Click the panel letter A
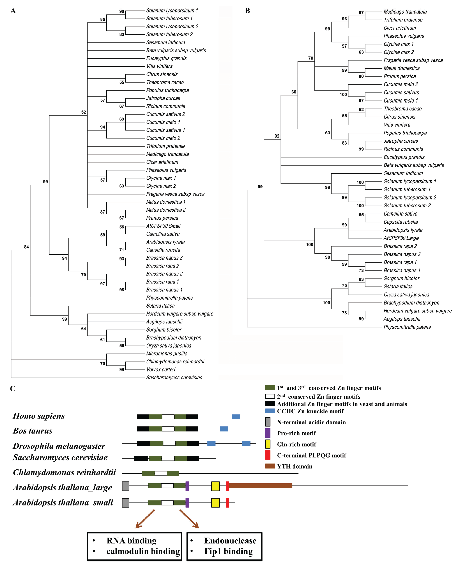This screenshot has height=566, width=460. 13,11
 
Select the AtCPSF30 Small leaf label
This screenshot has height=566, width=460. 163,226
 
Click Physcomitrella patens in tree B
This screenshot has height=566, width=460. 407,327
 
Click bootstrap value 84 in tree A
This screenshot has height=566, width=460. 26,247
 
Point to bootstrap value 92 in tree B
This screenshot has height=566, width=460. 277,136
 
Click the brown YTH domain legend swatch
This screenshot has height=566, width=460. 270,466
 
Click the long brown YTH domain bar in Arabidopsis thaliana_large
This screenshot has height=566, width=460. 260,485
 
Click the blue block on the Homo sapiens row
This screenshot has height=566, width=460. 236,417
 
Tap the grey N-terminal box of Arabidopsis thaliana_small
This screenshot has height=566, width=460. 126,503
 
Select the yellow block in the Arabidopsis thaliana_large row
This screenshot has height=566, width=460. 215,486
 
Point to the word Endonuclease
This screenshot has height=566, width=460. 230,541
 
